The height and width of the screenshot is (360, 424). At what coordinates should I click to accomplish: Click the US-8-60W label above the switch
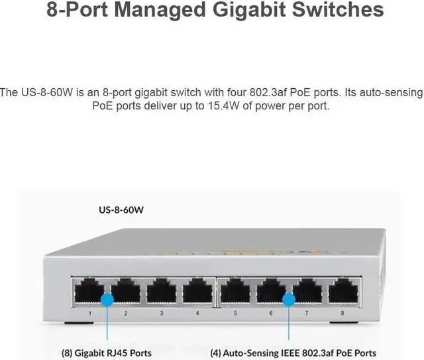click(x=121, y=211)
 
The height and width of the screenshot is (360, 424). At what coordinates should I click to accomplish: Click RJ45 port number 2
click(x=125, y=292)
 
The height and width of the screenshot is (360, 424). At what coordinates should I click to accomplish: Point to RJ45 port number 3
click(x=162, y=292)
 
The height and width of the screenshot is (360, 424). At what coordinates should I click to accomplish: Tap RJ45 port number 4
click(x=197, y=292)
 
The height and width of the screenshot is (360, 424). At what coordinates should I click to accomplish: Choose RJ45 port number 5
click(x=235, y=292)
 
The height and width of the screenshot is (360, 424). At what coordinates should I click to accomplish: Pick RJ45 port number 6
click(x=270, y=292)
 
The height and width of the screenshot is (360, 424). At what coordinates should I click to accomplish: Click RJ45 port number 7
click(x=307, y=292)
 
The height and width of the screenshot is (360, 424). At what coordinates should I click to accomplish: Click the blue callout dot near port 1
click(x=107, y=300)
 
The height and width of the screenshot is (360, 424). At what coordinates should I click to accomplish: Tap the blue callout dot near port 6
click(x=289, y=300)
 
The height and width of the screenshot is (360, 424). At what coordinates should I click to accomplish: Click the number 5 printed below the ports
click(x=235, y=311)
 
